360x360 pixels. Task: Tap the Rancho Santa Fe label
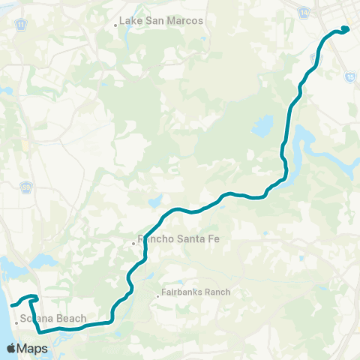[x=166, y=241]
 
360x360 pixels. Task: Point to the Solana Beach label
[x=53, y=319]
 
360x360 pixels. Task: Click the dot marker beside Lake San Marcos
[x=115, y=24]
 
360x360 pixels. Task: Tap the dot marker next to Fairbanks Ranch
[x=157, y=295]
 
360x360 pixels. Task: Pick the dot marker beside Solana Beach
[x=16, y=322]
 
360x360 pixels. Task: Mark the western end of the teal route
[x=11, y=305]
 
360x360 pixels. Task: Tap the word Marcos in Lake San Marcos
[x=187, y=21]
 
